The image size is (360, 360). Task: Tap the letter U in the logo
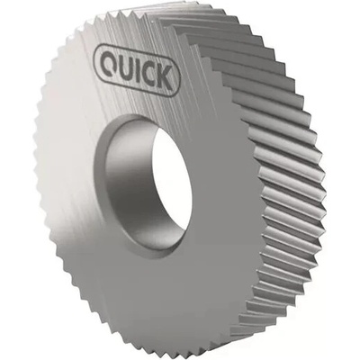pos(126,66)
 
